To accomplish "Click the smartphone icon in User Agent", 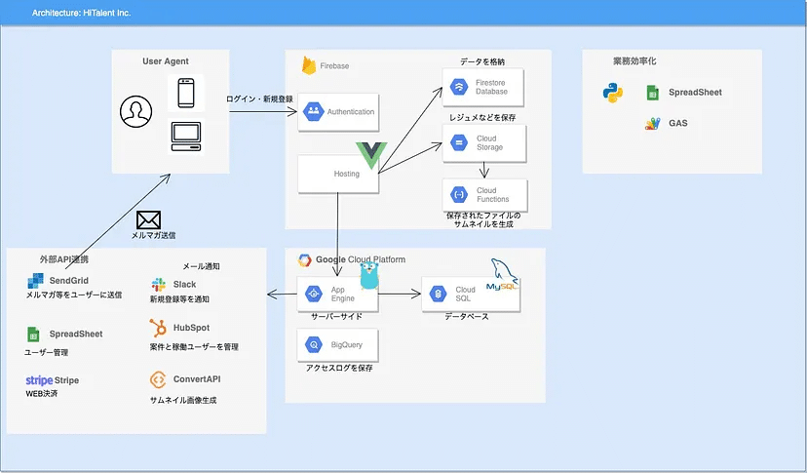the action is pos(186,93).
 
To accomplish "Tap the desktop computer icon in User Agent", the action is pos(186,137).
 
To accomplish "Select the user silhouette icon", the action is pos(135,111).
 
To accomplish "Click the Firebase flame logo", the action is pos(309,65).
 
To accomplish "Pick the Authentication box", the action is pos(338,112).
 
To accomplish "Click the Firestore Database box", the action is pos(482,87).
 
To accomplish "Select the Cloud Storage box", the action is pos(483,142).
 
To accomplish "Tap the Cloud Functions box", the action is pos(484,195).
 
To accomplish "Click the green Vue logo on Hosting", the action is pos(371,154).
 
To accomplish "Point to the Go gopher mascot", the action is pos(369,275).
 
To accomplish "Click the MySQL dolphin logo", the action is pos(502,276).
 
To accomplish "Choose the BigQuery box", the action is pos(337,344).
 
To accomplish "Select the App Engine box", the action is pos(337,294).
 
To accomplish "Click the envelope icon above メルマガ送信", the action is pos(149,220).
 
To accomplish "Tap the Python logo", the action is pos(612,93).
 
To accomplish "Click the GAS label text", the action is pos(677,123).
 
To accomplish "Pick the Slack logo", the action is pos(159,285).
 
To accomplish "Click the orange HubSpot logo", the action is pos(158,328).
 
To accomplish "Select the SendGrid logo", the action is pos(35,281).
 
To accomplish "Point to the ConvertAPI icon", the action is pos(158,379).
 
